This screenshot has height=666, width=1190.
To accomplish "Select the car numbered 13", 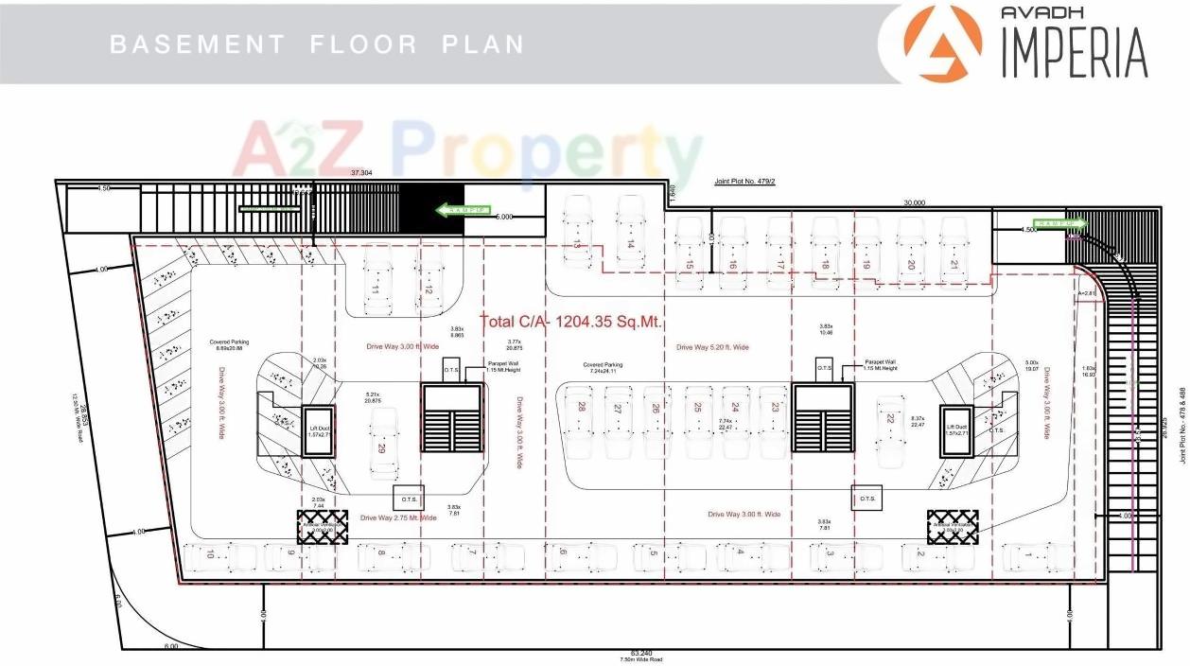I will [576, 231].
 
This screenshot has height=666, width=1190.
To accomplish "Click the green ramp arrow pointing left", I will [463, 209].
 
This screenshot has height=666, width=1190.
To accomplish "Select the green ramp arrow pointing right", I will [1059, 223].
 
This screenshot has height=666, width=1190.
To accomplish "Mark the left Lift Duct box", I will [316, 433].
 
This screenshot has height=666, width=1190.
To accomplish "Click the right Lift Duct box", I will [955, 433].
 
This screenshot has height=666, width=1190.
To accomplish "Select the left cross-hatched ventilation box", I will [323, 528].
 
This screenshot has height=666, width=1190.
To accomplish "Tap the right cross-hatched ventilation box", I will [952, 526].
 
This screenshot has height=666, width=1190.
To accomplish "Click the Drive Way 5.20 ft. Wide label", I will [712, 347].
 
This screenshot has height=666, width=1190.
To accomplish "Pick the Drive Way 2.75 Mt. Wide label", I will [398, 517].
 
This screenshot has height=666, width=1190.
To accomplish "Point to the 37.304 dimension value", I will [360, 173].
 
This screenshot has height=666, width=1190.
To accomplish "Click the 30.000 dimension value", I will [913, 202].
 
